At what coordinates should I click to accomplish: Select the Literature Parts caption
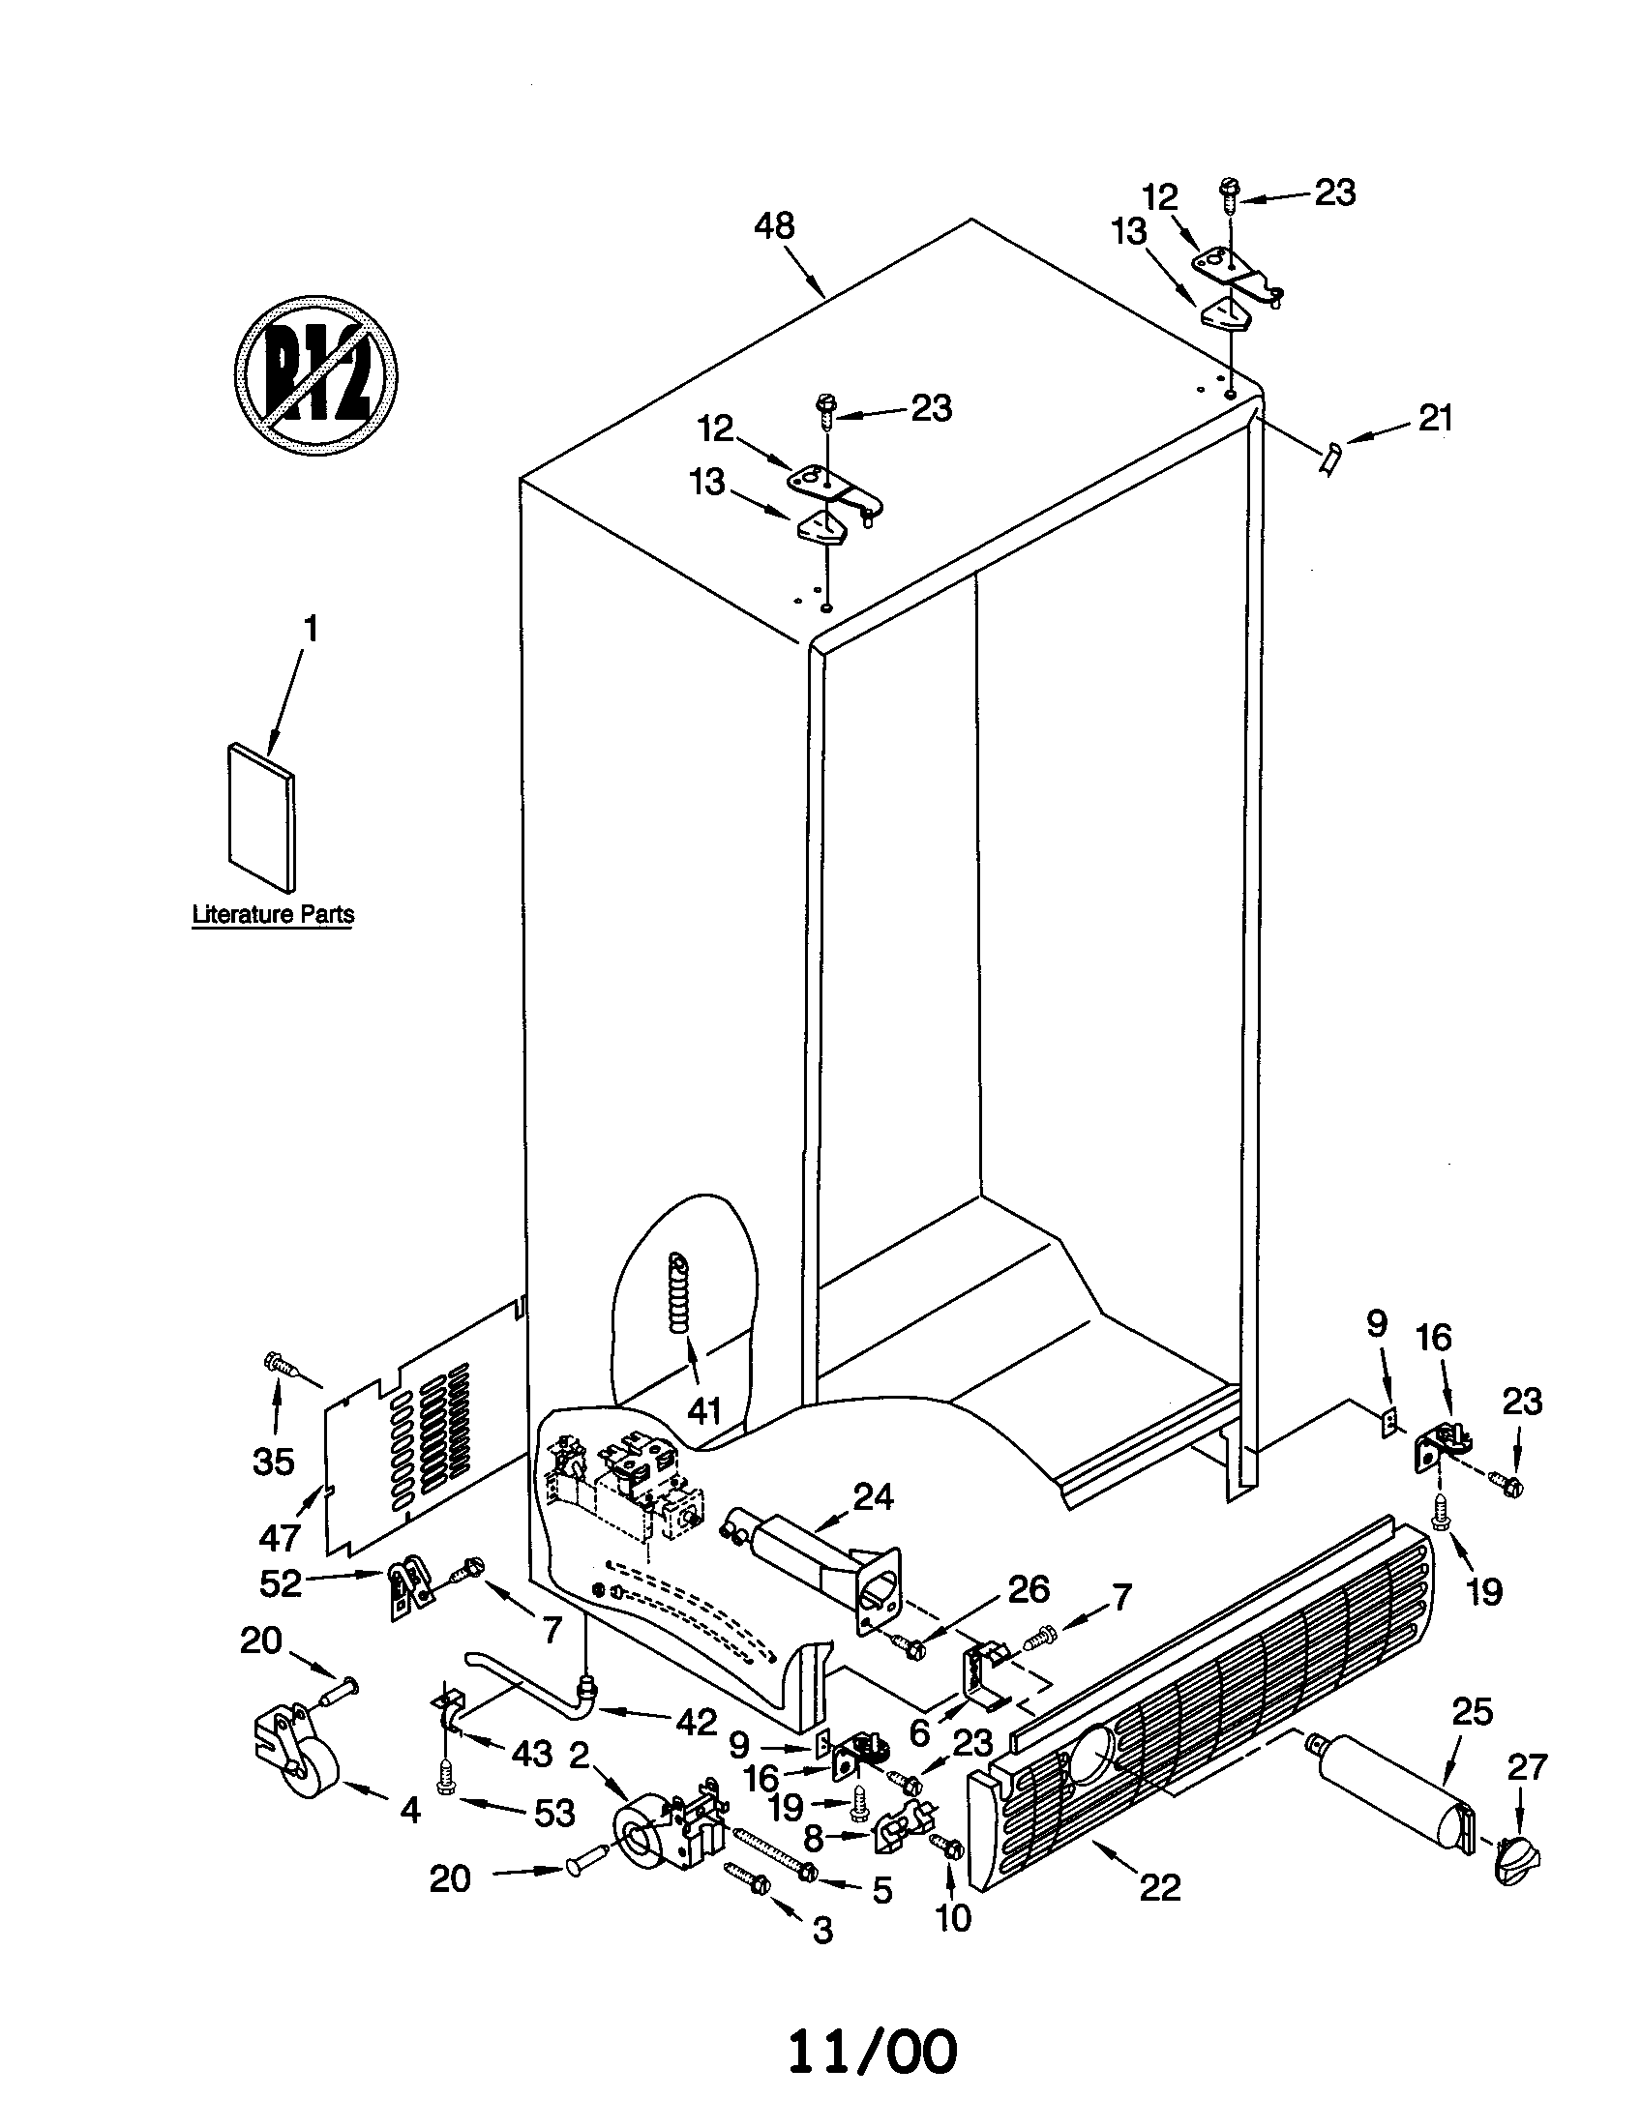tap(273, 914)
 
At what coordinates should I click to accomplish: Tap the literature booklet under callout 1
tap(260, 817)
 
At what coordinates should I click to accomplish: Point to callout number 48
tap(774, 226)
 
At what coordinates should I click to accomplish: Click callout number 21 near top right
tap(1435, 418)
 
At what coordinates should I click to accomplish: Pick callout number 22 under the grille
tap(1158, 1887)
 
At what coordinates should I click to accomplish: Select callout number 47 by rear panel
tap(280, 1537)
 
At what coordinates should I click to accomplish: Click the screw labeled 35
tap(282, 1367)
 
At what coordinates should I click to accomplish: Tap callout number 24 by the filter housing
tap(873, 1496)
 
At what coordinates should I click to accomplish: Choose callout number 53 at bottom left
tap(553, 1813)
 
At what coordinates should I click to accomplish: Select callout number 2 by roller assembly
tap(579, 1755)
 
